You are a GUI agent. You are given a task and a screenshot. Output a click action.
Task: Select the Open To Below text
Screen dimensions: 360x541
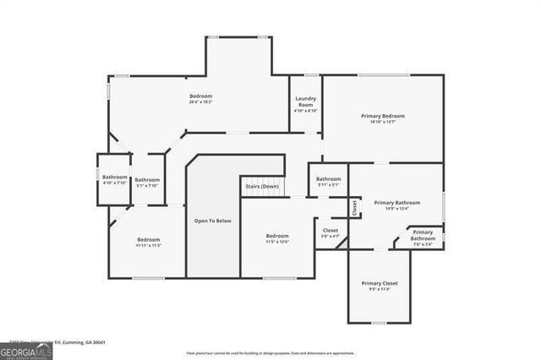[x=212, y=221]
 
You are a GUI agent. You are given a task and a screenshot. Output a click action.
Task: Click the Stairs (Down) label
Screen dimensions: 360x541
[x=262, y=186]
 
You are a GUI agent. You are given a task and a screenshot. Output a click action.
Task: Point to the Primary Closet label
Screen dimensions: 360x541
[x=380, y=283]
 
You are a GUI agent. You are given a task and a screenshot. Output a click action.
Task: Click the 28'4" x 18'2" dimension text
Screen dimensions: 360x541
[x=200, y=101]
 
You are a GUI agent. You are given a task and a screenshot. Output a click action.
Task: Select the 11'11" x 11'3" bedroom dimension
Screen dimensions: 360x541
[x=148, y=246]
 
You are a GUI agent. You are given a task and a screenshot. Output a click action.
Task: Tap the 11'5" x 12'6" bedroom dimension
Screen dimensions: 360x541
[x=277, y=242]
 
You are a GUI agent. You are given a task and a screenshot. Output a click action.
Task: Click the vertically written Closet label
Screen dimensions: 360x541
[x=355, y=206]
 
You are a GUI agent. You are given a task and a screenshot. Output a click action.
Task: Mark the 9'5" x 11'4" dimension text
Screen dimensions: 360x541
[x=380, y=289]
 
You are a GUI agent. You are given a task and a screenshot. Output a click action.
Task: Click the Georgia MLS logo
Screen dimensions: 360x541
[x=26, y=351]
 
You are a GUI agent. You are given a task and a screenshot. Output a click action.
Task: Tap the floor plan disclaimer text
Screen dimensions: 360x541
[x=270, y=353]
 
